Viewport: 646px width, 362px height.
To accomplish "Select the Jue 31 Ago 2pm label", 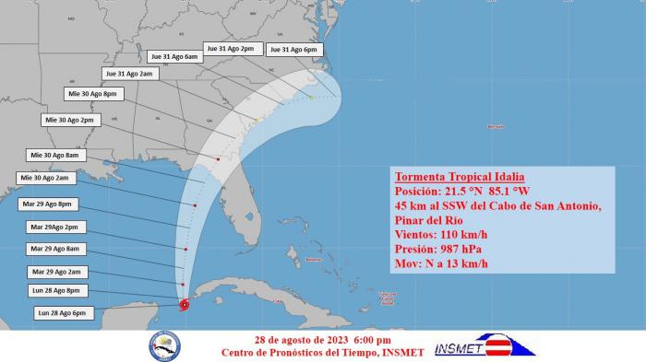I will [230, 48].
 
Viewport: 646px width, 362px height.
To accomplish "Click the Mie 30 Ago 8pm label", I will [91, 94].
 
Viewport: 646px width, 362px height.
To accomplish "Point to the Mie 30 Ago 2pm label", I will [69, 120].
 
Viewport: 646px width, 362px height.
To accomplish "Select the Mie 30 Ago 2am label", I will [43, 178].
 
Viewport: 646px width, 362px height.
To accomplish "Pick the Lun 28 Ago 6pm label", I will [61, 313].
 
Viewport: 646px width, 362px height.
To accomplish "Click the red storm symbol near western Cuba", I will [185, 305].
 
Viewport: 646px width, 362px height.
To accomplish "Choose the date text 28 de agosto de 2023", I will [292, 338].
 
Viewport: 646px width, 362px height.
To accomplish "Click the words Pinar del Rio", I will [431, 220].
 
